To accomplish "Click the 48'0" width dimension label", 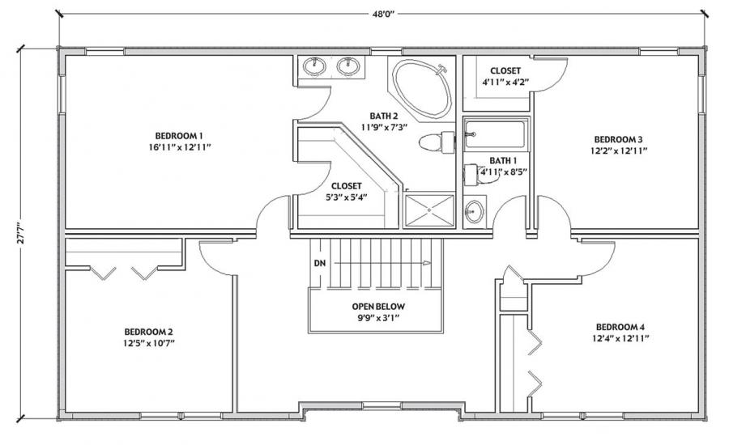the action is click(x=382, y=14).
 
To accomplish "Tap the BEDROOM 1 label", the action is click(x=179, y=136).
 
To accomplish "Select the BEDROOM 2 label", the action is click(x=149, y=332).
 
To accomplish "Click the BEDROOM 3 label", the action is click(x=618, y=139).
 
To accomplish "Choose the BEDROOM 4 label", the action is click(x=620, y=327).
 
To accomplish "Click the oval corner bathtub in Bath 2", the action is click(x=422, y=88).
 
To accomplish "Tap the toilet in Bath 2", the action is click(x=437, y=142).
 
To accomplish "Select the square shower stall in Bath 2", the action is click(x=429, y=211).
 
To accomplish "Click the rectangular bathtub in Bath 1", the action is click(x=497, y=134).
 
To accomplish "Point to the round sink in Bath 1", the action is click(x=474, y=212).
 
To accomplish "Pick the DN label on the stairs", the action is click(x=320, y=264).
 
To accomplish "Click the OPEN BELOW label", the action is click(x=378, y=307).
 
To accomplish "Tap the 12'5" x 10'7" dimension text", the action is click(x=149, y=343).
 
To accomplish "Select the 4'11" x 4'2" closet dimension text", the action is click(x=505, y=83).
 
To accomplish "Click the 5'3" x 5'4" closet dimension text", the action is click(x=347, y=197).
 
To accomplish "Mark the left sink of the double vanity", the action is click(x=315, y=66).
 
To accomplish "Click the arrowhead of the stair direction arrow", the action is click(x=427, y=264).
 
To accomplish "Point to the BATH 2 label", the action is click(x=384, y=117).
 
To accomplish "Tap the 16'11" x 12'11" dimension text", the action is click(x=179, y=147).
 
